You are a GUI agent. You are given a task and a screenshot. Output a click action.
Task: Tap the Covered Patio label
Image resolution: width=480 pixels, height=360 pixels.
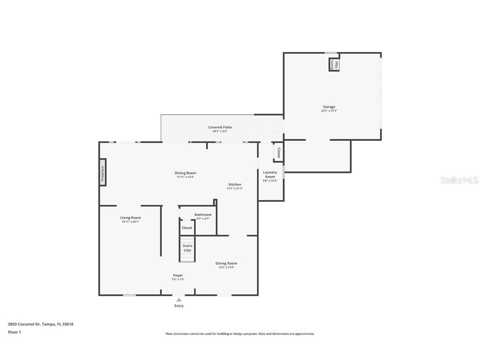220,127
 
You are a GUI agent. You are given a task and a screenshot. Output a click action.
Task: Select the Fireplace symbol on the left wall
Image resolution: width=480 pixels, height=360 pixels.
102,172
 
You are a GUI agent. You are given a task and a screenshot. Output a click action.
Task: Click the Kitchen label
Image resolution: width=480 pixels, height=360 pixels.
235,184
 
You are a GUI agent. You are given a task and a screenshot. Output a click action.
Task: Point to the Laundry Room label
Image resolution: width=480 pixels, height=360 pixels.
270,174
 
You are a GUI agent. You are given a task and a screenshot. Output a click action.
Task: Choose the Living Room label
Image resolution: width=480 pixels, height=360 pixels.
130,217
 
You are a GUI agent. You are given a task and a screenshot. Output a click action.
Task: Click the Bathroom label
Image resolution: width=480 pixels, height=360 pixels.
203,215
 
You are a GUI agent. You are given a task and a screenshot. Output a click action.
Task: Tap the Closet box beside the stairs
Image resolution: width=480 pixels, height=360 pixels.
187,228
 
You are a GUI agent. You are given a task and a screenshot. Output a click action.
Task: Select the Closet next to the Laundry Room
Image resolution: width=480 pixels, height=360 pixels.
278,153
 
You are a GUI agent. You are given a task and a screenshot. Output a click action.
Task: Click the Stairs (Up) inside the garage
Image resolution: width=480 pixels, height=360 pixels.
334,65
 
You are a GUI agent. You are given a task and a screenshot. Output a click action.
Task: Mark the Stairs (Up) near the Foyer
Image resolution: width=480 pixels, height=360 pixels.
187,248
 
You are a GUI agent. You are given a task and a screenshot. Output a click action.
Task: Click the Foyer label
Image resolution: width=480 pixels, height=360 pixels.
178,275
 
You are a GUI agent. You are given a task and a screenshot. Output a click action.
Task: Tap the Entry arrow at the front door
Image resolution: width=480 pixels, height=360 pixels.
179,299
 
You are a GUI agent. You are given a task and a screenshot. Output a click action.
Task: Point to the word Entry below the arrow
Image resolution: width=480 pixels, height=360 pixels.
179,306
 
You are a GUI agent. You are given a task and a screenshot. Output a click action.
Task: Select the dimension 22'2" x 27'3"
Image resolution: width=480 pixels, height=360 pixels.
329,111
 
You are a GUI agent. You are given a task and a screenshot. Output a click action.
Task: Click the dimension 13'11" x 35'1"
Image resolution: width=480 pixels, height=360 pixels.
130,222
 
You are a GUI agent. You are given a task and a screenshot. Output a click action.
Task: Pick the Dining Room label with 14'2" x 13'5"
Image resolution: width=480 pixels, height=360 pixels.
226,263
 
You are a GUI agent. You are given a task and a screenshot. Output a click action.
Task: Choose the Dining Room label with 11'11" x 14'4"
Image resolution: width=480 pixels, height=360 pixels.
185,173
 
